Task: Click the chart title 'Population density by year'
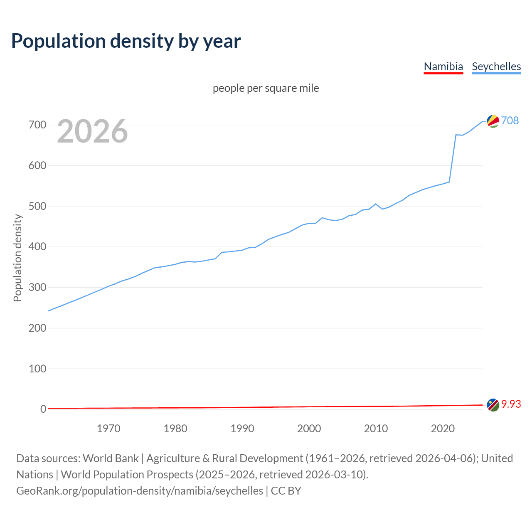[x=126, y=41]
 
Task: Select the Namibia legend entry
[x=443, y=66]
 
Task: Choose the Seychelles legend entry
[x=496, y=66]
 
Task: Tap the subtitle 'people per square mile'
[x=266, y=88]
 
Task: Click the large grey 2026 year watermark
[x=92, y=131]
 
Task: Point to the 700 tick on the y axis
[x=37, y=125]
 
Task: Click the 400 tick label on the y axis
[x=37, y=247]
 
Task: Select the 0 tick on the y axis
[x=43, y=409]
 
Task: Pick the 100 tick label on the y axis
[x=37, y=369]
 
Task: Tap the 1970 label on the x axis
[x=108, y=429]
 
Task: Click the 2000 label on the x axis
[x=309, y=429]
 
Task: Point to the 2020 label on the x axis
[x=443, y=429]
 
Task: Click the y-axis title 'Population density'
[x=17, y=258]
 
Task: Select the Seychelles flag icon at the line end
[x=493, y=121]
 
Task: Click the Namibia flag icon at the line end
[x=493, y=405]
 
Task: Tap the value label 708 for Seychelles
[x=510, y=121]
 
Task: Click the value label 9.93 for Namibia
[x=511, y=404]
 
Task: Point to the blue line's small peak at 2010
[x=376, y=204]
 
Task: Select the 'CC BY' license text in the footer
[x=286, y=491]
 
